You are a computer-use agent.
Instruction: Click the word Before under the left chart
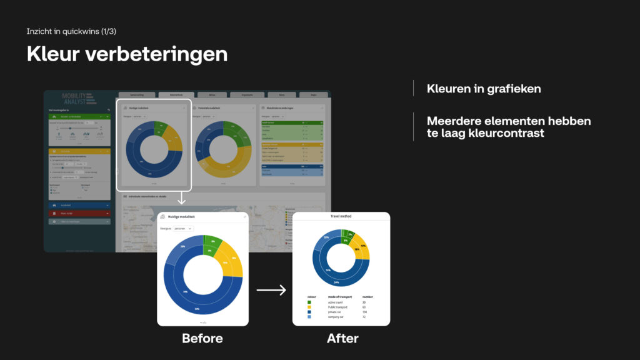click(x=202, y=339)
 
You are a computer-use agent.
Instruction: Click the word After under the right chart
click(x=342, y=339)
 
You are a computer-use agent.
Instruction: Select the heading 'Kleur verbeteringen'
click(x=127, y=54)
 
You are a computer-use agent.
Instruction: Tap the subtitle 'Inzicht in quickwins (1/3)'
click(x=71, y=31)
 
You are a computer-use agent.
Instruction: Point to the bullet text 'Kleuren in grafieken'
click(x=484, y=89)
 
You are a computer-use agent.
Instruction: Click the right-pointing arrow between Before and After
click(x=271, y=290)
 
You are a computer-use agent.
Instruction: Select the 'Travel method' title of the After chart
click(x=341, y=216)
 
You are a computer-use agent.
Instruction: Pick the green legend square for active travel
click(x=309, y=302)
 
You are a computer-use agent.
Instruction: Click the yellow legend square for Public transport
click(x=309, y=307)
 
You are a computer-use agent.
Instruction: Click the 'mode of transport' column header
click(x=340, y=296)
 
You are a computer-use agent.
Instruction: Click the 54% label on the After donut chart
click(x=336, y=282)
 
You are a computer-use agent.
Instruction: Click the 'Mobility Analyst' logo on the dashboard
click(x=77, y=99)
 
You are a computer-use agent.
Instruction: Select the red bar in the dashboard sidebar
click(x=78, y=213)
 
